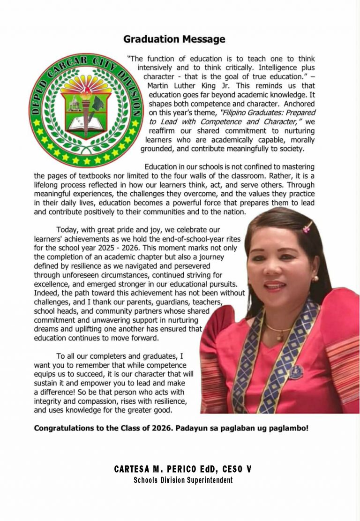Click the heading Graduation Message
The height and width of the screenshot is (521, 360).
pos(174,39)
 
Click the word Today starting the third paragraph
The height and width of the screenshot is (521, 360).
pos(67,230)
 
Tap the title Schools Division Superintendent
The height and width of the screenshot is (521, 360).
pos(183,480)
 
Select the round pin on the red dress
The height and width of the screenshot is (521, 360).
pos(296,372)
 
